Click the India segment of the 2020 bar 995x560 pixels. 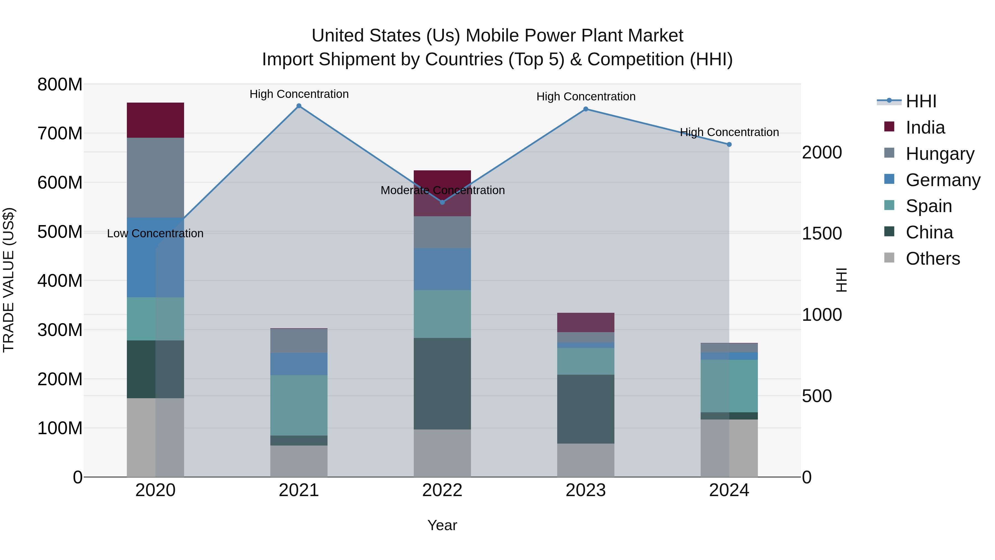pyautogui.click(x=155, y=120)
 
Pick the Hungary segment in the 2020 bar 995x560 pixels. pyautogui.click(x=155, y=178)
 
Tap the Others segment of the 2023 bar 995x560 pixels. pyautogui.click(x=586, y=460)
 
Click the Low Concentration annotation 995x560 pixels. pyautogui.click(x=155, y=233)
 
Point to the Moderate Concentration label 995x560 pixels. pyautogui.click(x=443, y=190)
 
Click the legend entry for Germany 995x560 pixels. pyautogui.click(x=942, y=180)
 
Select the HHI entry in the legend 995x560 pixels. pyautogui.click(x=921, y=101)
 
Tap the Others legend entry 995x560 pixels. pyautogui.click(x=933, y=259)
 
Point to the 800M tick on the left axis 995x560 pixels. pyautogui.click(x=60, y=84)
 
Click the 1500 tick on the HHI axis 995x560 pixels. pyautogui.click(x=822, y=233)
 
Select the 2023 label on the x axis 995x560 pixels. pyautogui.click(x=586, y=490)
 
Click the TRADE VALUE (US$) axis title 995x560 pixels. pyautogui.click(x=9, y=280)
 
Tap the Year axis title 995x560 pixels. pyautogui.click(x=442, y=525)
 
